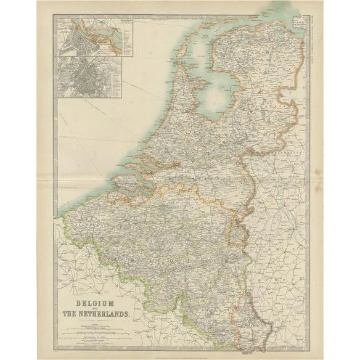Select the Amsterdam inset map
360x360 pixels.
[x=96, y=36]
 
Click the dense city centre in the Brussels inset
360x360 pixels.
[x=86, y=77]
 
